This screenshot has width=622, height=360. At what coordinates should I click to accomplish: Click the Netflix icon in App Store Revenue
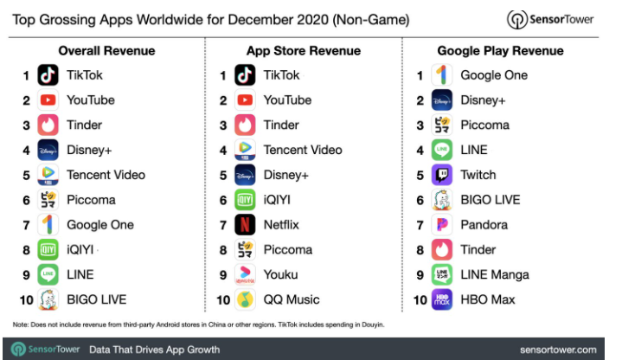(247, 225)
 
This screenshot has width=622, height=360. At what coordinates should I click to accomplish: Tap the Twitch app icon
(442, 175)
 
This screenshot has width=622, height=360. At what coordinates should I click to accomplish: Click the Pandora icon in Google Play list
(442, 225)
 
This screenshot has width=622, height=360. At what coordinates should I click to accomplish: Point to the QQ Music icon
(247, 299)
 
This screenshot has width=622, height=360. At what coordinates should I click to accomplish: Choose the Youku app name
(280, 274)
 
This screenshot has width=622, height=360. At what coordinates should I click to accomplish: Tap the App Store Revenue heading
(304, 51)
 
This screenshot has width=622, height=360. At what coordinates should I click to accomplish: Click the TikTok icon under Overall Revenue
(48, 75)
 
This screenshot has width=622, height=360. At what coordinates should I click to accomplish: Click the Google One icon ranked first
(442, 75)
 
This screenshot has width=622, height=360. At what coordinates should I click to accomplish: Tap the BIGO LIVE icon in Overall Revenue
(48, 299)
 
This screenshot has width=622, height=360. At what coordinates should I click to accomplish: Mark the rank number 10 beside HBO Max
(420, 299)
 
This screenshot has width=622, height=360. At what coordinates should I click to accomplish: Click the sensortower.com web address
(558, 350)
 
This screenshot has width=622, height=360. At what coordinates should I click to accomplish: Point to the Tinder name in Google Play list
(478, 250)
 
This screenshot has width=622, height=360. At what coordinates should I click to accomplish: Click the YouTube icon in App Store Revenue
(247, 100)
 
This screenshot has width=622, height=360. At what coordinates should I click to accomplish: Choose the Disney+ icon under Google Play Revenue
(442, 100)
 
